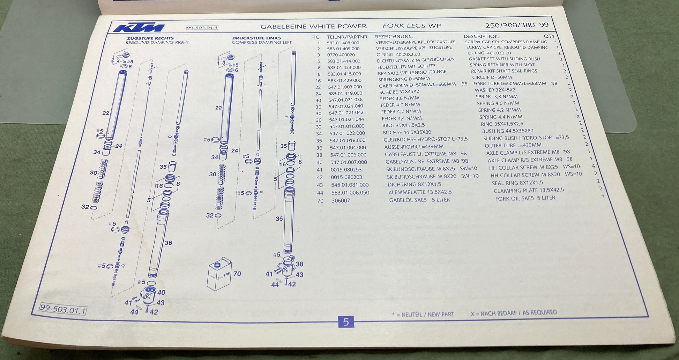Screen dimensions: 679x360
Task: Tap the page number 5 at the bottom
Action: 346,322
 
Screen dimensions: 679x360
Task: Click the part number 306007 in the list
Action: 341,201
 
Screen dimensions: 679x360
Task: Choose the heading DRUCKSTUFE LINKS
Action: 256,38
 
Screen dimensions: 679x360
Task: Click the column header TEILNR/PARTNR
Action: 347,37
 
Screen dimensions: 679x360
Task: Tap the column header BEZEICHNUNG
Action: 394,36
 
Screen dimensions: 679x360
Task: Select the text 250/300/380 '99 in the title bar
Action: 517,25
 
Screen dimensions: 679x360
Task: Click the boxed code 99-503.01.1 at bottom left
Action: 63,309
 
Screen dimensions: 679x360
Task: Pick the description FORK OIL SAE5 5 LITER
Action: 525,198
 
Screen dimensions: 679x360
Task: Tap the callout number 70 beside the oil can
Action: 237,274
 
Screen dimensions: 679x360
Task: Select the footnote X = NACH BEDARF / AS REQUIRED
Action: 514,313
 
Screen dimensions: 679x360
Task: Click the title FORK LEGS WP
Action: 412,25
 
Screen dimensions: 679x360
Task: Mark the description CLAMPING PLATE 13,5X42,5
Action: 529,190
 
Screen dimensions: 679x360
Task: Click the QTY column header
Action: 549,36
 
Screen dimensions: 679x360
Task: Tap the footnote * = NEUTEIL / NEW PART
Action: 423,314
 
